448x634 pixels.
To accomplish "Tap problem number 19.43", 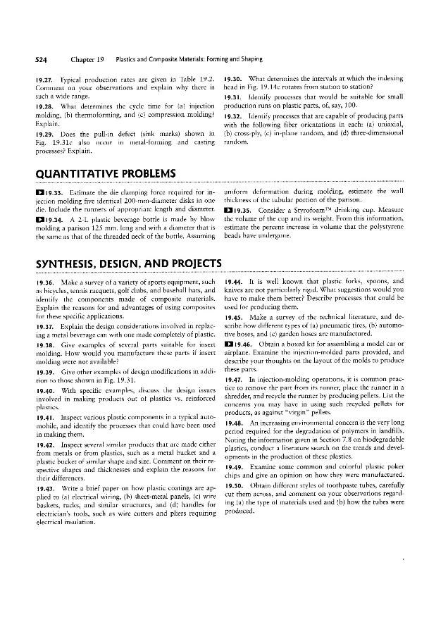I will (30, 489).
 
